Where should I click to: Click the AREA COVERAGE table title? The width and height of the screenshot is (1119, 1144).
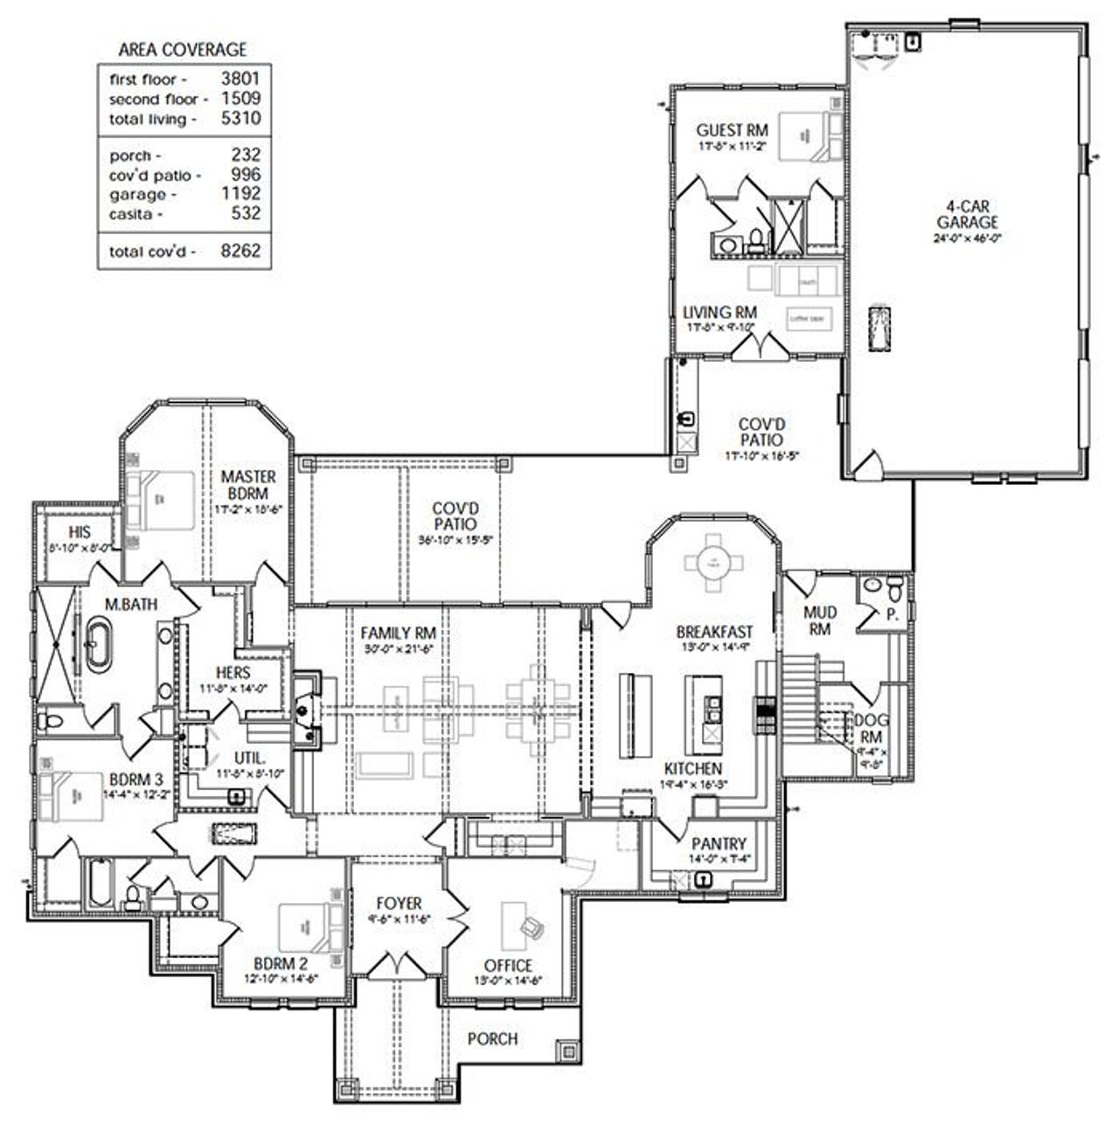click(183, 50)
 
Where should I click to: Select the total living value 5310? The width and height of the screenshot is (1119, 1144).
click(240, 118)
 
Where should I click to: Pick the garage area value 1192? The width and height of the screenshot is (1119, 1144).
click(240, 193)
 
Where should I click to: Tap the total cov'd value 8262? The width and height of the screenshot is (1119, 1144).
click(240, 251)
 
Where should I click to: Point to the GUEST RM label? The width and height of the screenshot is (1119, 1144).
click(732, 130)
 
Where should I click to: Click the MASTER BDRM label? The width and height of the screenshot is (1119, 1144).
click(248, 484)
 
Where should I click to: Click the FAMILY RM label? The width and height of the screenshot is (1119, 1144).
click(399, 634)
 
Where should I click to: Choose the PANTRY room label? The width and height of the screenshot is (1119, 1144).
click(719, 844)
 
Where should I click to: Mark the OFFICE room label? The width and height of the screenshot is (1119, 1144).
click(508, 966)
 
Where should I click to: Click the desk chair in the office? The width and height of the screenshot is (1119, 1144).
click(531, 924)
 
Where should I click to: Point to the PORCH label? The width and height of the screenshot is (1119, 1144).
click(492, 1038)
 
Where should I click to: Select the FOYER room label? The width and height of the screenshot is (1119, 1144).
click(399, 903)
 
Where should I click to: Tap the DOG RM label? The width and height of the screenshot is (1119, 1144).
click(872, 727)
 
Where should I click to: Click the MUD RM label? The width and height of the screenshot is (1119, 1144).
click(819, 621)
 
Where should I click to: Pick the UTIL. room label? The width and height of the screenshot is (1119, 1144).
click(248, 758)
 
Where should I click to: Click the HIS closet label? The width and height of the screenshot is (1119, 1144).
click(80, 532)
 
